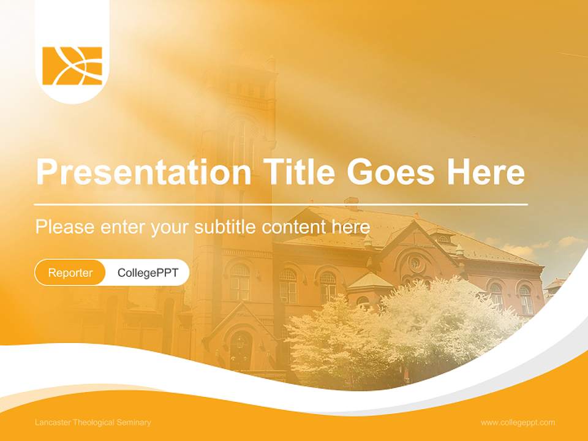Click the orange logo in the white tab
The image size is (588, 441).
72,66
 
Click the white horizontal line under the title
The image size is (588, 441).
281,204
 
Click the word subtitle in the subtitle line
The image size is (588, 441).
225,227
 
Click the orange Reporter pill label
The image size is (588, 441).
70,273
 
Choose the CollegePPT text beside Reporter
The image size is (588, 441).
148,273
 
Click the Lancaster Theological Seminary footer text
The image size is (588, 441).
93,423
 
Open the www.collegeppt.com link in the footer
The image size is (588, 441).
518,423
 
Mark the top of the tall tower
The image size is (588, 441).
236,58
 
